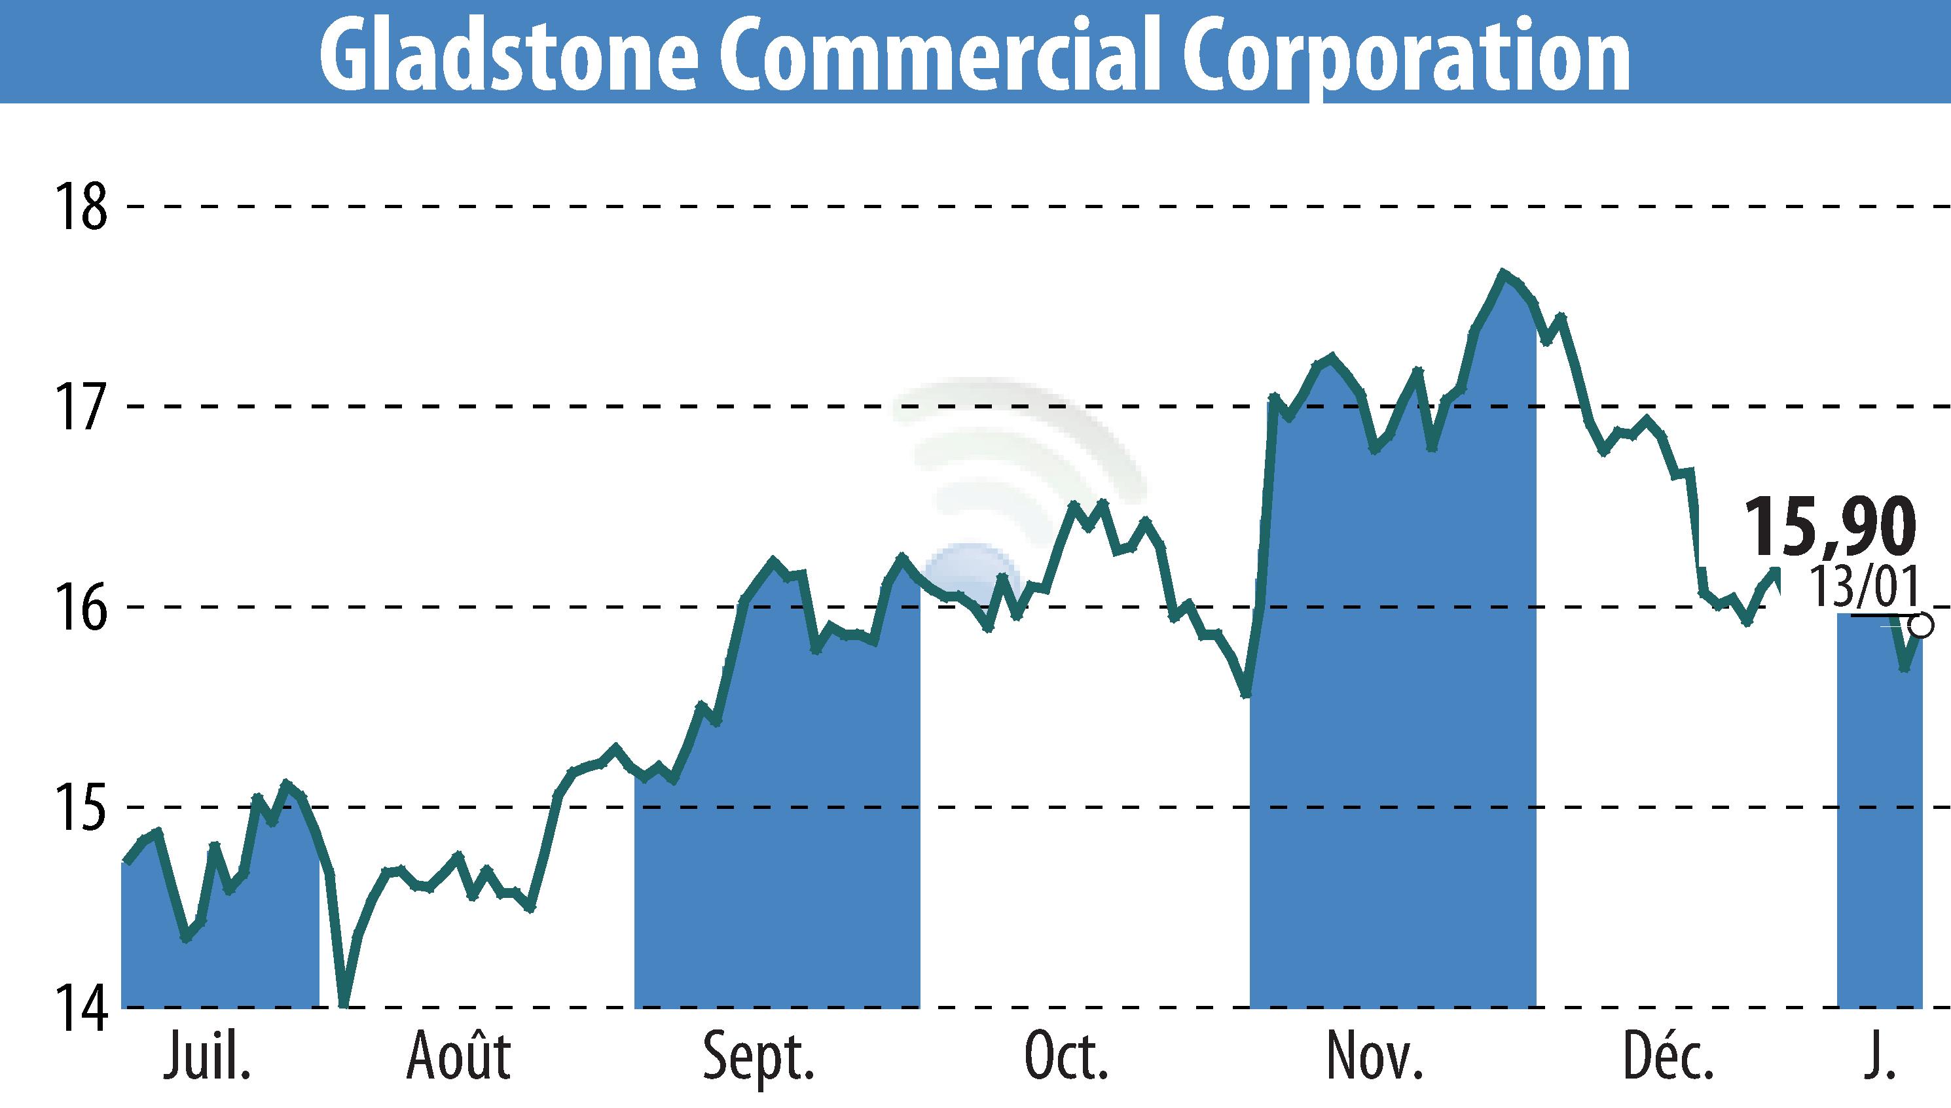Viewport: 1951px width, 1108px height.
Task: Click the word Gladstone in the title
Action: (x=509, y=53)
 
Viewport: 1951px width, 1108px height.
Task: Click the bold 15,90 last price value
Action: (x=1829, y=527)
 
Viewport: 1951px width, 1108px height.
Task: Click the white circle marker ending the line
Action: (x=1922, y=626)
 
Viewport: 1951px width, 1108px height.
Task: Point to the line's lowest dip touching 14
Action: (x=345, y=1005)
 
